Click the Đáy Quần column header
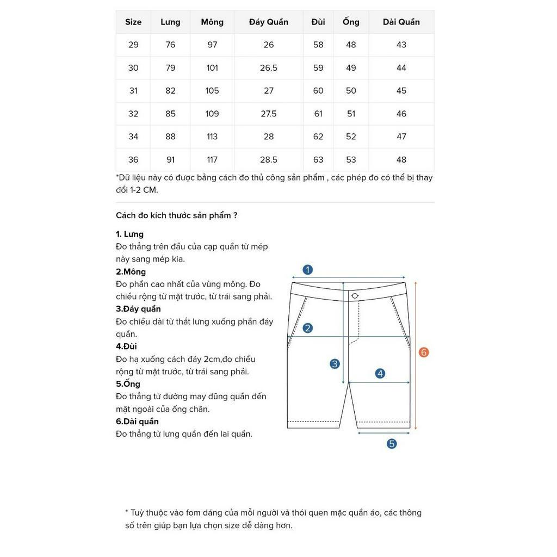click(x=269, y=22)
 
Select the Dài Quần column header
click(x=401, y=22)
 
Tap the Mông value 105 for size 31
click(x=212, y=91)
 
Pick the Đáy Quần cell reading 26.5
click(x=269, y=68)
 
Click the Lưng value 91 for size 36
click(x=170, y=160)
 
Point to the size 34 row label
click(x=133, y=137)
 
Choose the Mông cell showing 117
click(x=212, y=160)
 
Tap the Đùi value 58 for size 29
click(x=318, y=45)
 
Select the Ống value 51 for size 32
click(x=351, y=114)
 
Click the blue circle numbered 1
click(x=308, y=270)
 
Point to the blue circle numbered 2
click(x=308, y=328)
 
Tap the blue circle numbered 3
click(x=335, y=364)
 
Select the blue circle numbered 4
click(x=380, y=373)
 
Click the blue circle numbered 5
click(x=392, y=444)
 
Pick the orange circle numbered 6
click(x=424, y=352)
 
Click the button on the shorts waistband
click(x=355, y=296)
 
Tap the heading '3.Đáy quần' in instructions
click(x=138, y=309)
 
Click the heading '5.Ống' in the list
click(x=128, y=384)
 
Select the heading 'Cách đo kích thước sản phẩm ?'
click(x=176, y=215)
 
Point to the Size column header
click(x=133, y=22)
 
